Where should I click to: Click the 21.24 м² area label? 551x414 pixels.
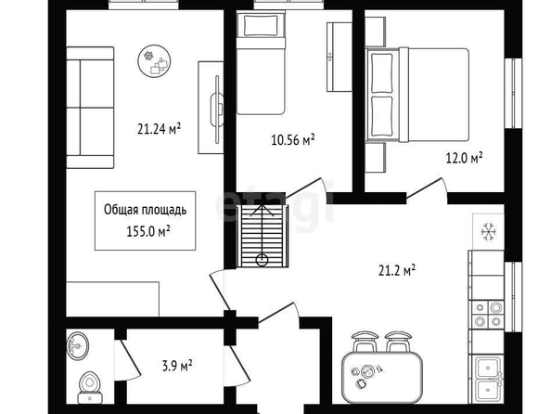(x=159, y=129)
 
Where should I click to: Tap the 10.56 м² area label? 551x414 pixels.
(x=293, y=139)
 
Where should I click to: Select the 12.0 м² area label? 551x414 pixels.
(x=464, y=158)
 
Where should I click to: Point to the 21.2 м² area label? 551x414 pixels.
(x=397, y=270)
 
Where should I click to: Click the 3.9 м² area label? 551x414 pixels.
(x=177, y=366)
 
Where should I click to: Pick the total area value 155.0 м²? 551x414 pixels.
(x=148, y=232)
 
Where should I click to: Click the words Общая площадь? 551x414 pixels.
(x=145, y=210)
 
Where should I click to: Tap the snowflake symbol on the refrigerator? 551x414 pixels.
(x=488, y=232)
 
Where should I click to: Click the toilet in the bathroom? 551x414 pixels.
(x=90, y=387)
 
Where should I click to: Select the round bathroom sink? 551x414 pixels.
(x=78, y=345)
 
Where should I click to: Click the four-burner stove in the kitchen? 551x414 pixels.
(x=487, y=315)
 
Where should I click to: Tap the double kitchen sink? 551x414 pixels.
(x=488, y=381)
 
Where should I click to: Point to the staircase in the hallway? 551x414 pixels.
(x=263, y=236)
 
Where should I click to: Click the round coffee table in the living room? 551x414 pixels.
(x=154, y=61)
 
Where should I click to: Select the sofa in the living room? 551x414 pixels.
(x=90, y=108)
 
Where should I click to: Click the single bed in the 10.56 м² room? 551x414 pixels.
(x=261, y=62)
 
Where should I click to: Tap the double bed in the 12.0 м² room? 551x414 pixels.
(x=417, y=95)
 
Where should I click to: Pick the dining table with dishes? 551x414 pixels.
(x=382, y=378)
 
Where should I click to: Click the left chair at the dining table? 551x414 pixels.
(x=365, y=341)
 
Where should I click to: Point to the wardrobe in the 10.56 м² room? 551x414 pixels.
(x=340, y=57)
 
